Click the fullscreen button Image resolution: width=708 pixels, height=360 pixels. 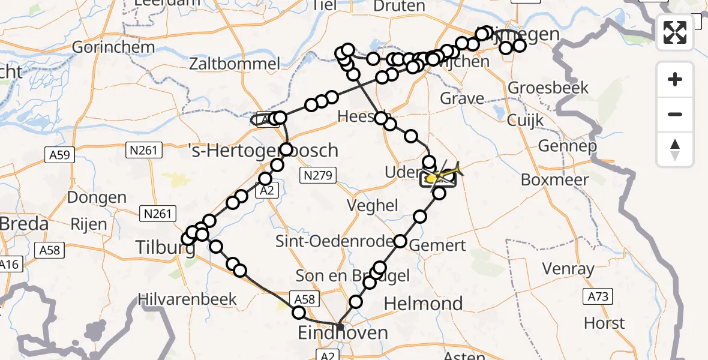(675, 32)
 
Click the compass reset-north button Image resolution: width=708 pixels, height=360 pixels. (675, 149)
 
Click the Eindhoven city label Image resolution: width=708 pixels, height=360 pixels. (343, 332)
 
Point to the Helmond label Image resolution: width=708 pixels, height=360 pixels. (423, 304)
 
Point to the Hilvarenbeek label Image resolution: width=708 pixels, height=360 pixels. (187, 299)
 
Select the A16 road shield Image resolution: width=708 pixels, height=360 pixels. (8, 265)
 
